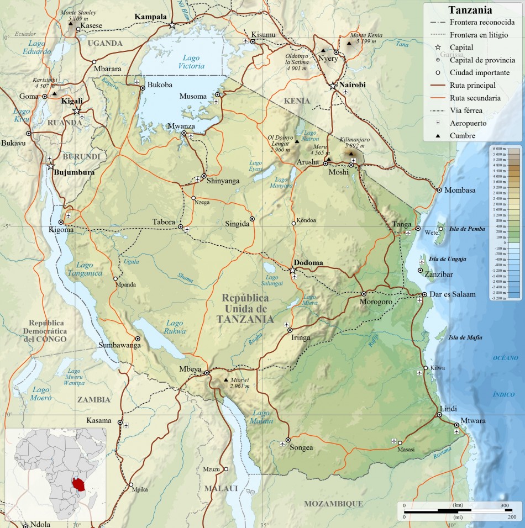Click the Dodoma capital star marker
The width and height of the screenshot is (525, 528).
point(292,270)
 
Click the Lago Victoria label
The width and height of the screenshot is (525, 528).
point(191,62)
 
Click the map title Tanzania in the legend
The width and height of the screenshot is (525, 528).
point(470,10)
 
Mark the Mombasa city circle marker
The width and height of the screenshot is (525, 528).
point(439,190)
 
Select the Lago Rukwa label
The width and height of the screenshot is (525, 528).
point(175,327)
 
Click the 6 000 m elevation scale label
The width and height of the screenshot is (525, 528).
point(498,149)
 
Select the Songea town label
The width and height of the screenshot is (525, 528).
point(301,447)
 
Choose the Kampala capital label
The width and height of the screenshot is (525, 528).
point(150,17)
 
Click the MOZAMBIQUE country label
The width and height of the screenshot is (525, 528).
point(333,504)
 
